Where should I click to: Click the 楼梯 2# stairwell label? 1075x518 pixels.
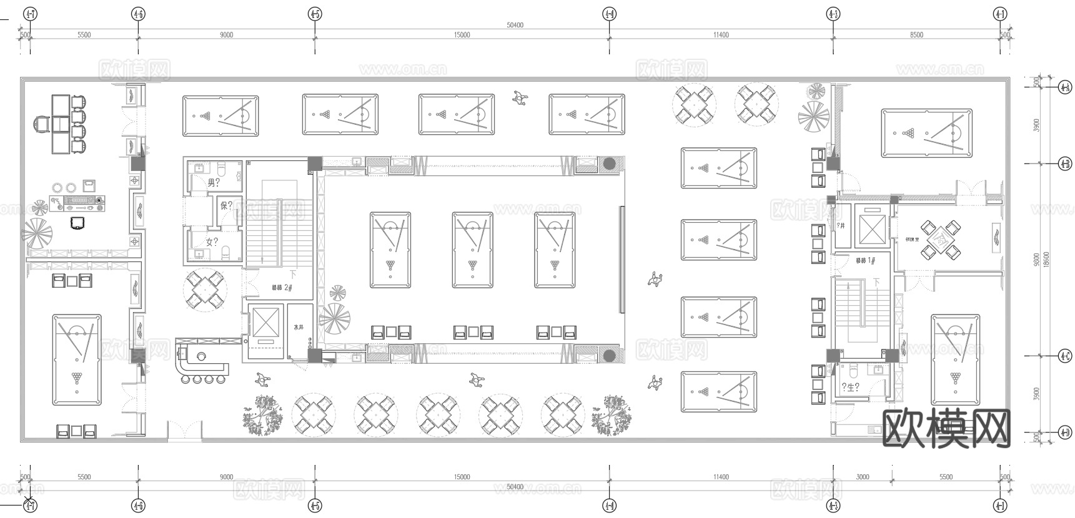pos(282,288)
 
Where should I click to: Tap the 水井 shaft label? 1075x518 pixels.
pos(299,326)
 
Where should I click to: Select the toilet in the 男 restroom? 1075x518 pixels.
pos(222,169)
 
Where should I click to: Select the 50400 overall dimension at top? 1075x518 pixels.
pos(515,25)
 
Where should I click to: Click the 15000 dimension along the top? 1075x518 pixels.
pos(462,35)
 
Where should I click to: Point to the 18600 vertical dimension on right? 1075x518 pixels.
pos(1046,259)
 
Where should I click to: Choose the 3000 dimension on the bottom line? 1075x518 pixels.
pos(862,477)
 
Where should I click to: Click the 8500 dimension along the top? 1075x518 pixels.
pos(916,35)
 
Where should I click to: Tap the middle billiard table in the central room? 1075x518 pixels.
pos(472,250)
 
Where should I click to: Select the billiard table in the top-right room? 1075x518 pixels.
pos(926,133)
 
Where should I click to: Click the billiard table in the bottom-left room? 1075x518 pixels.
pos(77,359)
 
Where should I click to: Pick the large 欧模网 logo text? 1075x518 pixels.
pos(946,428)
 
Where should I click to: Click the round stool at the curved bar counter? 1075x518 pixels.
pos(197,379)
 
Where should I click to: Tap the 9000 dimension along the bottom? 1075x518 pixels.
pos(226,477)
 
